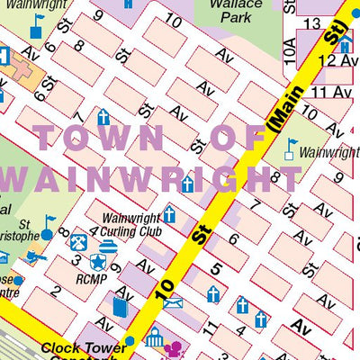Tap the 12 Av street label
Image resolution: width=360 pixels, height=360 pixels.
pos(338,59)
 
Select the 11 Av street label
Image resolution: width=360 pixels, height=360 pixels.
pos(329,92)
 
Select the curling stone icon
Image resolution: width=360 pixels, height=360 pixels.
pos(108,244)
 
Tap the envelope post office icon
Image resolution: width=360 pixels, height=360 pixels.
pos(173,302)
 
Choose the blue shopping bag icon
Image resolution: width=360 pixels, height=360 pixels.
pos(120,307)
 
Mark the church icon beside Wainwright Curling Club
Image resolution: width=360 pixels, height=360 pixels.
pos(168,214)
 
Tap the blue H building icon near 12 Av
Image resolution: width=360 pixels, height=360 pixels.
pos(320,44)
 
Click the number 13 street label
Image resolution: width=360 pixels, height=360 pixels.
pos(313,22)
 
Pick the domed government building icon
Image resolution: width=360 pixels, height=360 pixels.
pos(154,339)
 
